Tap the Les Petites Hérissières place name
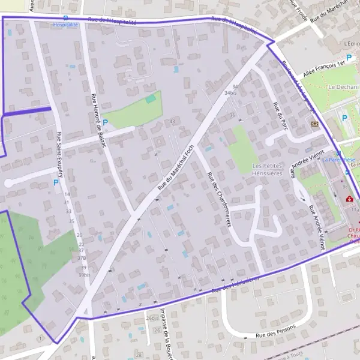(x=267, y=169)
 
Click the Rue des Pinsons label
(x=277, y=335)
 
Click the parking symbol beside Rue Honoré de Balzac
(x=106, y=122)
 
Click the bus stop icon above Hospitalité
(x=65, y=18)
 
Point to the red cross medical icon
(x=349, y=199)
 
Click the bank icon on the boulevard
(x=315, y=124)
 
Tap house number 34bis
(x=231, y=94)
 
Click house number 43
(x=173, y=122)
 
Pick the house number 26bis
(x=153, y=318)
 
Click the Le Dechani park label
(x=343, y=87)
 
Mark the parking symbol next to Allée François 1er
(x=348, y=58)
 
